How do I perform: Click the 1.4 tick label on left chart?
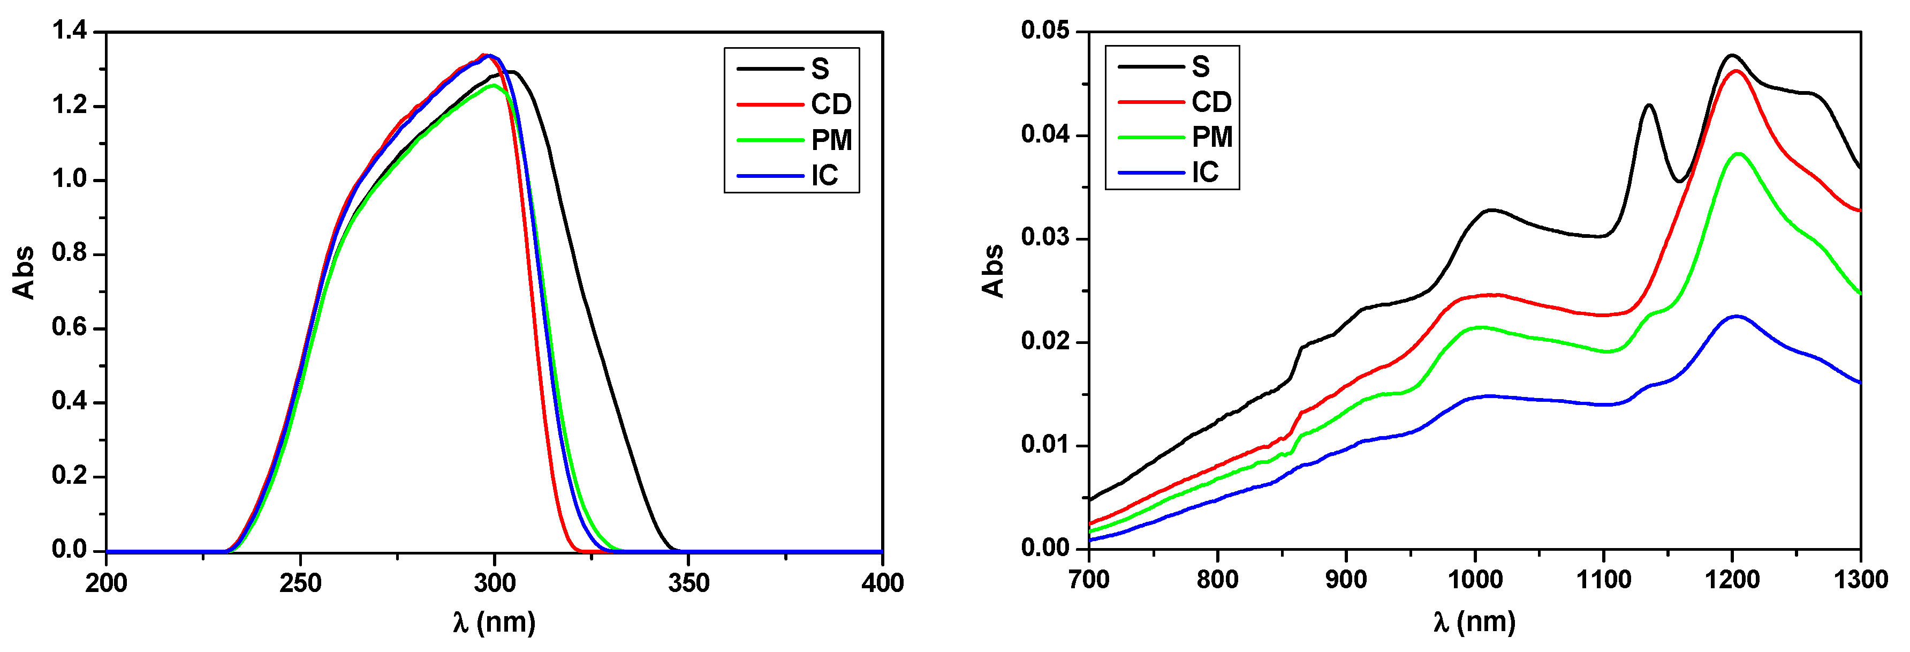(x=69, y=31)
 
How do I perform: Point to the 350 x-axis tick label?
(x=688, y=583)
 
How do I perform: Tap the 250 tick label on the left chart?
(x=300, y=583)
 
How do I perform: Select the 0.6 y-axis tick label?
(x=69, y=327)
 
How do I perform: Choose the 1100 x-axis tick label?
(x=1603, y=579)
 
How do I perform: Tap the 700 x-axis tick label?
(x=1088, y=579)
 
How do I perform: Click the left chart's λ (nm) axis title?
(x=494, y=621)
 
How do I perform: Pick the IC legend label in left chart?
(x=824, y=176)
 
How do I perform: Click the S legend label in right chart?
(x=1200, y=68)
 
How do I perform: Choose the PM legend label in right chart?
(x=1211, y=137)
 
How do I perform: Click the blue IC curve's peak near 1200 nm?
(x=1736, y=317)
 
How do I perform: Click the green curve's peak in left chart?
(x=493, y=85)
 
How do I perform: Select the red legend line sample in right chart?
(x=1151, y=102)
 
